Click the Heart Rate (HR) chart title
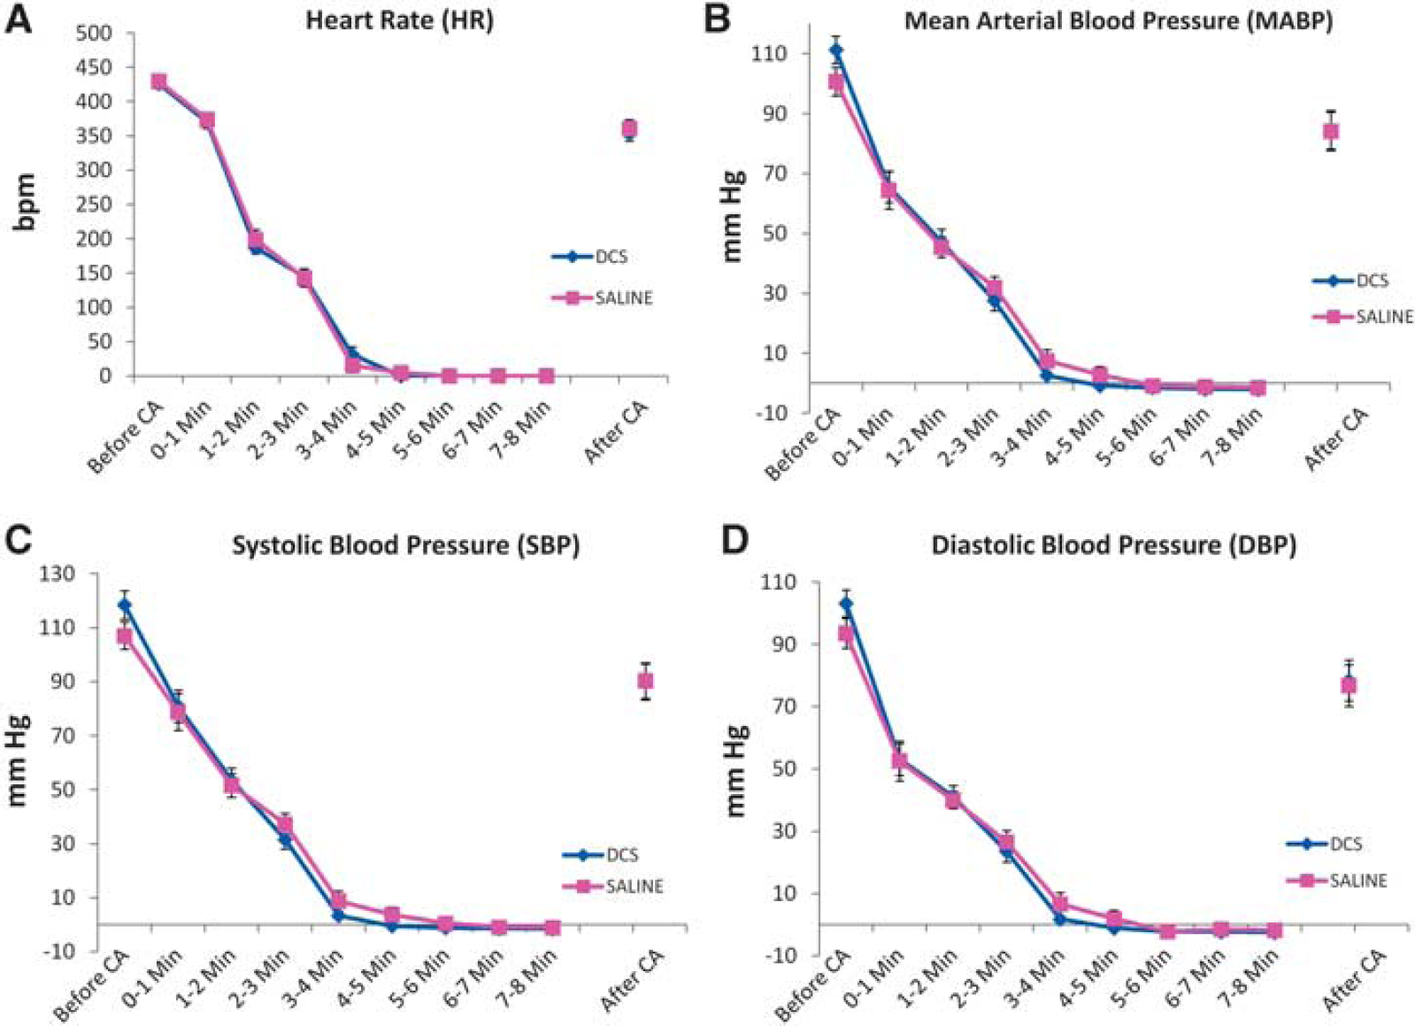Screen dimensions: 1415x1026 399,21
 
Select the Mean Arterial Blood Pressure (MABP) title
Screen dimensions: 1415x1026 1119,21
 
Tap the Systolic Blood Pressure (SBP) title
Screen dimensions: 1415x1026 405,545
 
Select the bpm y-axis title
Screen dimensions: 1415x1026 27,204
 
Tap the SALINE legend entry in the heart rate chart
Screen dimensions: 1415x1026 602,297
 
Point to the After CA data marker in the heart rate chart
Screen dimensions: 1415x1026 629,129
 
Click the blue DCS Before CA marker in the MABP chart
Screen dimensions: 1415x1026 836,50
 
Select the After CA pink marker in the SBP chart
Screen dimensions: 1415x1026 645,681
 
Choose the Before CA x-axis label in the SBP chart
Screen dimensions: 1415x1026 94,985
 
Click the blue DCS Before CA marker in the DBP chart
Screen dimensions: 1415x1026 846,604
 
